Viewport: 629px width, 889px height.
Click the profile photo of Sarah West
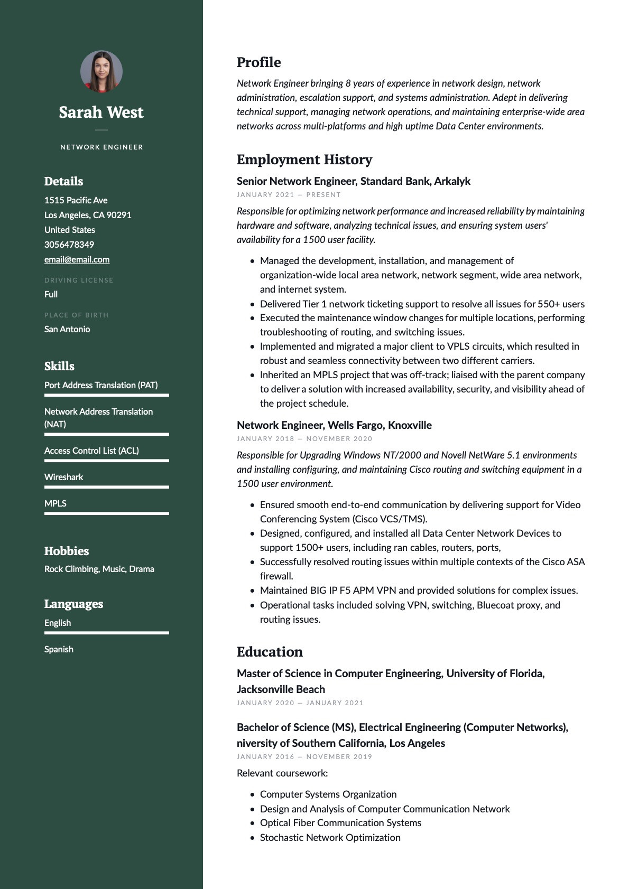101,71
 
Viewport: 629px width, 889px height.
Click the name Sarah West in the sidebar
101,113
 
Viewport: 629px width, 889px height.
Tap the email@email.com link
77,259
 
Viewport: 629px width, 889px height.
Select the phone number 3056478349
69,245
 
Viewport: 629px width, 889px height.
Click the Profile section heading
258,62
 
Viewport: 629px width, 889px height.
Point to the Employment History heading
304,160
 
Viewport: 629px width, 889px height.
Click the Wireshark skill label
64,477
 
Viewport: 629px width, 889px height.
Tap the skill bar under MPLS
106,513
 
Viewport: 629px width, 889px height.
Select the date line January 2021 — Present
289,195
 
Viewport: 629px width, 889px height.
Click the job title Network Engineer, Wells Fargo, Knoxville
334,425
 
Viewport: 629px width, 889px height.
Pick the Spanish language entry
59,649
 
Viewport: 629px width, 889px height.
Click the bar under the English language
106,632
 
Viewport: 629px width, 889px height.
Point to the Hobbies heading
67,551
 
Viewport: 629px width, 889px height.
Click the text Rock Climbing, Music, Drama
99,569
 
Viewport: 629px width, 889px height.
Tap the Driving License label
79,280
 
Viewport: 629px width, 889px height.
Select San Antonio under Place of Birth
67,329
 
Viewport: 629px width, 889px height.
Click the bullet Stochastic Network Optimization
330,837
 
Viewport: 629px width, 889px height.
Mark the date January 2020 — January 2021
300,703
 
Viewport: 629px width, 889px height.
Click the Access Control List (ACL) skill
91,451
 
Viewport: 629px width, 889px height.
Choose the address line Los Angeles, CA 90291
88,215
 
